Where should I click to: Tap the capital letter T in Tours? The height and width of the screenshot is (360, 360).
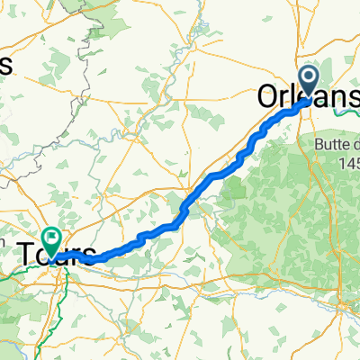(x=25, y=251)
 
